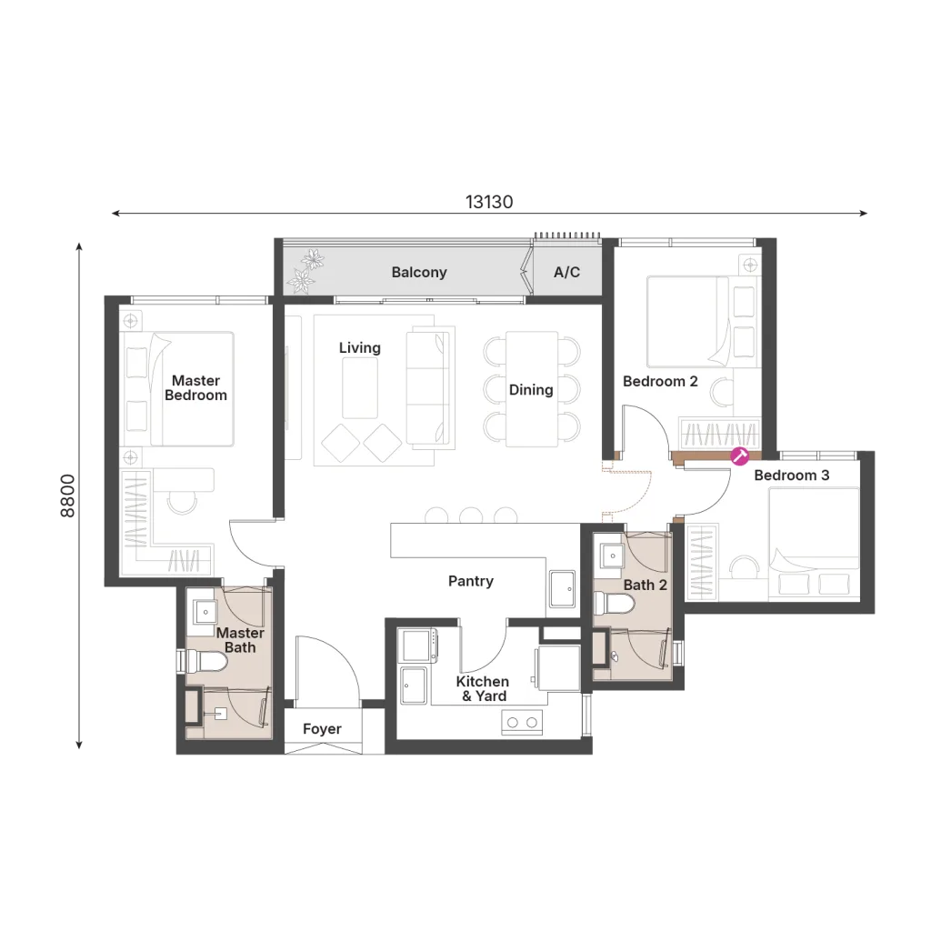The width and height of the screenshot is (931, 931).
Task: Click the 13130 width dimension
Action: pos(489,202)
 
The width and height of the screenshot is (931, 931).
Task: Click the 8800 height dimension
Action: pos(68,496)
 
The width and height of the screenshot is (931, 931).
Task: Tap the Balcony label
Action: pos(419,273)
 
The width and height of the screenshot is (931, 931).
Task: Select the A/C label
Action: pos(566,273)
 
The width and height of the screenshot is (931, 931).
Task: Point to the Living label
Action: pos(360,348)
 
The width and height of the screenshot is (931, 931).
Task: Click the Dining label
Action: pos(531,390)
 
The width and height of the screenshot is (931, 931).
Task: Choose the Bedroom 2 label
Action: pos(660,381)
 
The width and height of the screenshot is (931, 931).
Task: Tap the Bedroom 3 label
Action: pos(792,475)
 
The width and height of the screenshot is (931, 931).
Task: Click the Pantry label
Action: pos(471,581)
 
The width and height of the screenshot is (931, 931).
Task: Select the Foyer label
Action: pos(322,729)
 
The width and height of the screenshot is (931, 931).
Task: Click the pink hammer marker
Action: pos(740,456)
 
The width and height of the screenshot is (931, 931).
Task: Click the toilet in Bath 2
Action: pos(614,604)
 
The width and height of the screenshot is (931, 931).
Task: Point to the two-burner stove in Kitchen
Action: pos(523,723)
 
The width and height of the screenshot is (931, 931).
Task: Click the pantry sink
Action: pos(562,589)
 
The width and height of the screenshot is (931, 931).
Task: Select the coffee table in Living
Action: pos(360,389)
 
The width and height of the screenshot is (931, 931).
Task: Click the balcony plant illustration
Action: pos(305,270)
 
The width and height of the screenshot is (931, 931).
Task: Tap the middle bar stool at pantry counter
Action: pos(471,515)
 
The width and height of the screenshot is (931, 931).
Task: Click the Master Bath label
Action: pos(240,640)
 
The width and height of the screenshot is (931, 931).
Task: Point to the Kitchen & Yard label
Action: pos(483,689)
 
